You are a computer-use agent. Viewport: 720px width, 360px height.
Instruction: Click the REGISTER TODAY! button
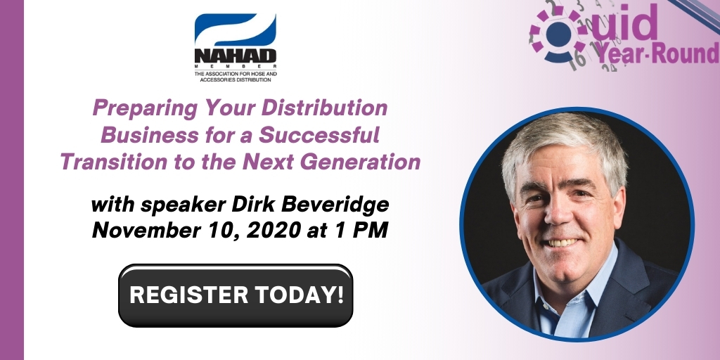click(236, 295)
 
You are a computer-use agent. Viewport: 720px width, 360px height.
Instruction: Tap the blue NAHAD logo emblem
click(236, 30)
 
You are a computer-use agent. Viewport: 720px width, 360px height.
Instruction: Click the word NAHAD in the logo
click(236, 56)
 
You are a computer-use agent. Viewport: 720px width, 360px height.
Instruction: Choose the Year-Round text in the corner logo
click(657, 53)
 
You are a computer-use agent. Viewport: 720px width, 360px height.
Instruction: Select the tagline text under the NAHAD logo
click(236, 76)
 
